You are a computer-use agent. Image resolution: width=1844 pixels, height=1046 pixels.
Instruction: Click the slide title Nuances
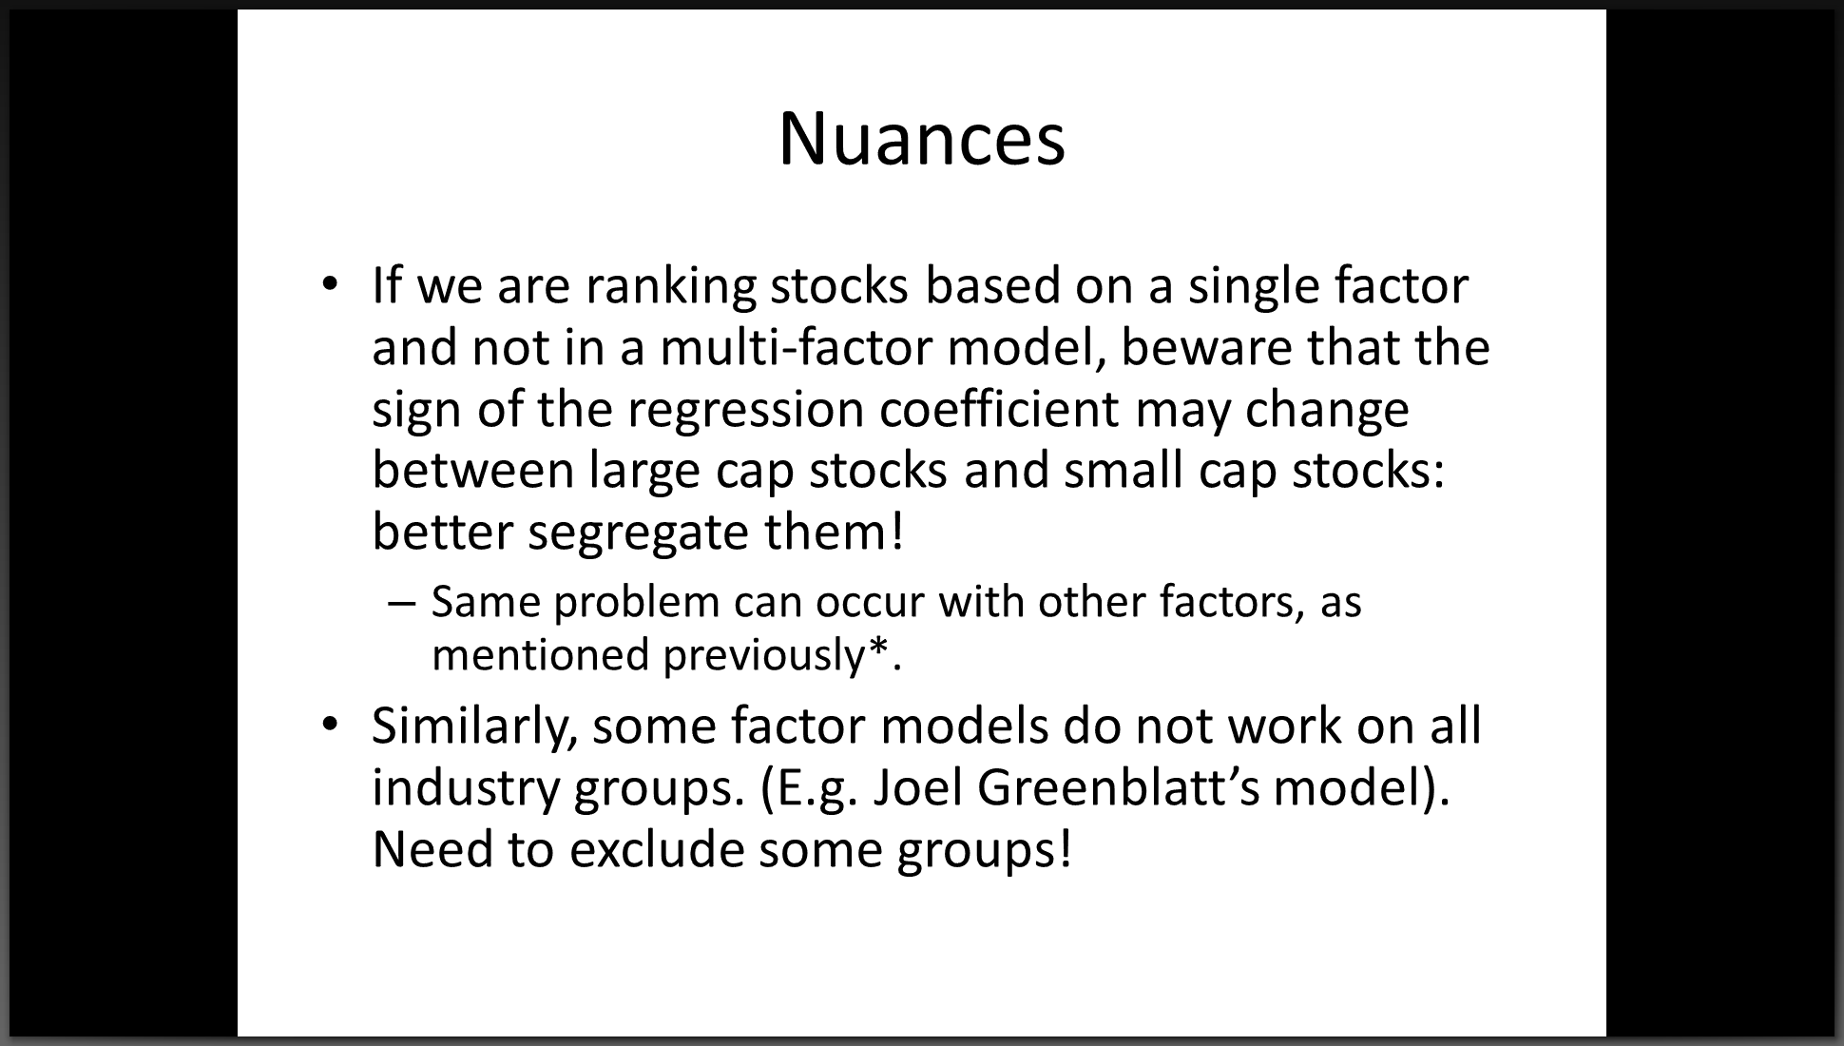pos(922,139)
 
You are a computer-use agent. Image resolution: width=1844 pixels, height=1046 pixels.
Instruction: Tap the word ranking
pos(671,287)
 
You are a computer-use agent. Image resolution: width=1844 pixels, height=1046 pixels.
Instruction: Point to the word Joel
pos(916,787)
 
